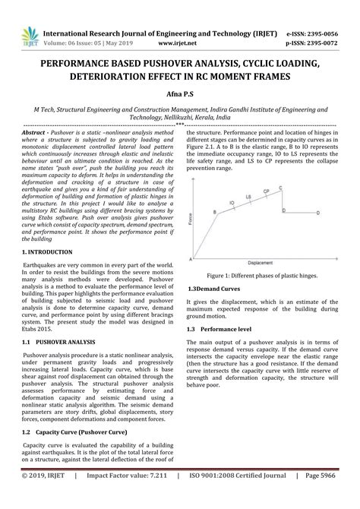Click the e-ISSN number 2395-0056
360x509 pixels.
tap(327, 13)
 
